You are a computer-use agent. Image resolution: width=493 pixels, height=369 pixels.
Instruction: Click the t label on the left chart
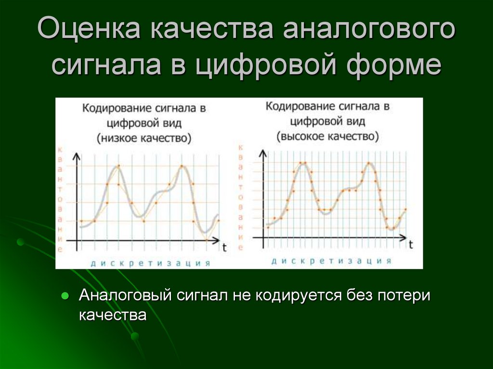[224, 247]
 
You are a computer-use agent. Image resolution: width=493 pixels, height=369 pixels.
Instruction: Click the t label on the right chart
[411, 244]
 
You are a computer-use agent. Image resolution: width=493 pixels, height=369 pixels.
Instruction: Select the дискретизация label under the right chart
[331, 261]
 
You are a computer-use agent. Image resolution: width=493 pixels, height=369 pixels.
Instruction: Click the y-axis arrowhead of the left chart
[76, 156]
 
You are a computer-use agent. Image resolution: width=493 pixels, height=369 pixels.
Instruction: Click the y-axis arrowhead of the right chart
[263, 153]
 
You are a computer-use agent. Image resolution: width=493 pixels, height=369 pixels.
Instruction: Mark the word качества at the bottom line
[112, 315]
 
